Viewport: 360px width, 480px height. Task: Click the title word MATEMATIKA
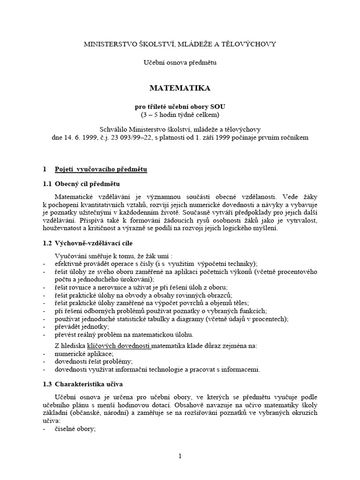coord(180,88)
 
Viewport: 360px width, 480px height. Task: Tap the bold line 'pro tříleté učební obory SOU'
coord(180,106)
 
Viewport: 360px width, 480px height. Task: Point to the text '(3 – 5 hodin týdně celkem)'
coord(180,114)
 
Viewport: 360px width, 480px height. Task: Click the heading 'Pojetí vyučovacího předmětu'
coord(101,169)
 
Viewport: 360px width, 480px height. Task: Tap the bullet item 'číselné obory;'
coord(75,428)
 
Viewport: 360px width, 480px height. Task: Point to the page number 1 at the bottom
coord(180,457)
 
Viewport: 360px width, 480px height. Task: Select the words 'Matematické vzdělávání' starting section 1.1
coord(91,197)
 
